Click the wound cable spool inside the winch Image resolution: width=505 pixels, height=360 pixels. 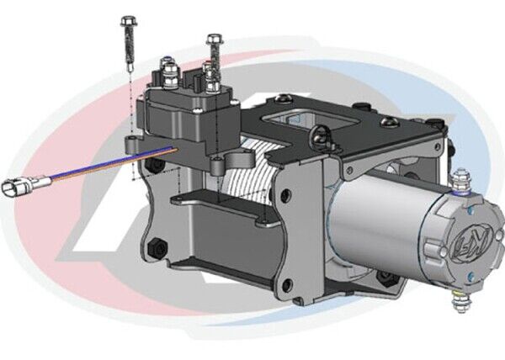[x=240, y=181]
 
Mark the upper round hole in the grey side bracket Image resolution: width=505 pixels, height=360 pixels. [x=287, y=194]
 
